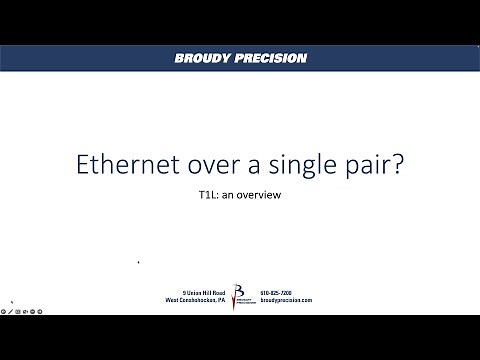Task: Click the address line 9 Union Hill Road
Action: [198, 292]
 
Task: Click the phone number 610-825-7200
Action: [277, 292]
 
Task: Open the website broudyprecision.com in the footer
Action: [286, 300]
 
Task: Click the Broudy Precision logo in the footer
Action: [239, 296]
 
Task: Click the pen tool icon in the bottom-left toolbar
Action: [11, 311]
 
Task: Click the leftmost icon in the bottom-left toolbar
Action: [4, 311]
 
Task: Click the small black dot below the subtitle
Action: [138, 262]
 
